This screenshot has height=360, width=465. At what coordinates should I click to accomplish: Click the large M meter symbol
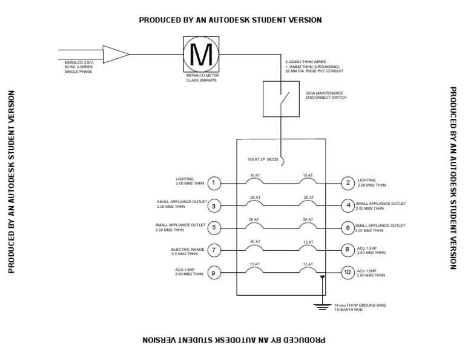coord(201,55)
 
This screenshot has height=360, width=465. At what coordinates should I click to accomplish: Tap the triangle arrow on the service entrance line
coord(116,55)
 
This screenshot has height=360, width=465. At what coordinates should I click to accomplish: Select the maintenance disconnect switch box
coord(281,99)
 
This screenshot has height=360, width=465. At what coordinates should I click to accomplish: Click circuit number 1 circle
coord(214,183)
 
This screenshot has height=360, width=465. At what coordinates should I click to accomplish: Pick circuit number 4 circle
coord(348,205)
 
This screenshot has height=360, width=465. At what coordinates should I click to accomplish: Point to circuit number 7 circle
coord(214,250)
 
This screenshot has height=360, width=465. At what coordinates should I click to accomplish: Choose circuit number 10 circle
coord(348,273)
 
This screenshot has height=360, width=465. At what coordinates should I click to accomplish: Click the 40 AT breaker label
coord(255,242)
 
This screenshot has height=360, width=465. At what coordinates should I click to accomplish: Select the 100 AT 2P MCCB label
coord(263,159)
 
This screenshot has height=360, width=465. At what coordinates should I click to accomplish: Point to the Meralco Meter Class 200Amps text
coord(203,78)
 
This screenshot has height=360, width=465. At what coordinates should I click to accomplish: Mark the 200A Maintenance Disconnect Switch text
coord(326,95)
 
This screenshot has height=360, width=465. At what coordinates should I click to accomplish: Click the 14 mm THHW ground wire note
coord(360,307)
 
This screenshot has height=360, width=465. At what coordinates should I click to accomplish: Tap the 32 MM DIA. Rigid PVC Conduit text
coord(314,72)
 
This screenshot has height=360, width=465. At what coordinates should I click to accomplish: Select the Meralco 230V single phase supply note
coord(79,67)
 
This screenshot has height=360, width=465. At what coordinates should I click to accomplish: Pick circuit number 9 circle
coord(214,273)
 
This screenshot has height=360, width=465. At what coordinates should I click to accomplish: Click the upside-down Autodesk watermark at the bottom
coord(234,340)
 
